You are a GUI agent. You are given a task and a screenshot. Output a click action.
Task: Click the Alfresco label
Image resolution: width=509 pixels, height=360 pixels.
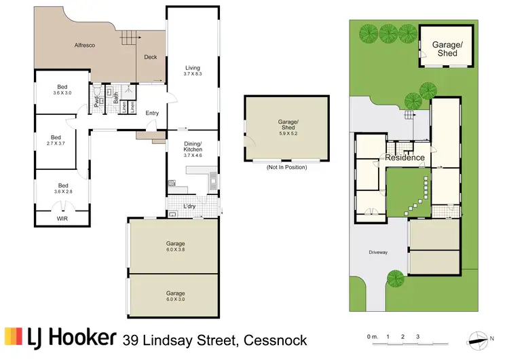[x=84, y=45]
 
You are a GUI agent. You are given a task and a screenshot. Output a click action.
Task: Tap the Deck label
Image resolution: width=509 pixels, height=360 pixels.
[x=151, y=57]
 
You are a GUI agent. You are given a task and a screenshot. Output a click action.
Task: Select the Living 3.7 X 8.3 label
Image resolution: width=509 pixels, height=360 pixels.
[x=193, y=70]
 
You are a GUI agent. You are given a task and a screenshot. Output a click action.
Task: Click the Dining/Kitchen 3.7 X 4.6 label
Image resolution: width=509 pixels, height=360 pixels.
[x=193, y=149]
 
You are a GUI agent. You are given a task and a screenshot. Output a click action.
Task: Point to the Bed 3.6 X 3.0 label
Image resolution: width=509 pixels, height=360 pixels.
[x=62, y=90]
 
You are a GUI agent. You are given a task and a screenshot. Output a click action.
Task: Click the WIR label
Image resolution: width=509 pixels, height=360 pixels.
[x=62, y=219]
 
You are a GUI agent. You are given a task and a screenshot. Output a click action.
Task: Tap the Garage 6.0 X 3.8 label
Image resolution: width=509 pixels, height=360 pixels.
[x=175, y=246]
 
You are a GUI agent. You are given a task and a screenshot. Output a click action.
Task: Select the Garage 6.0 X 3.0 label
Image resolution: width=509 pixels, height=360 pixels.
[x=175, y=295]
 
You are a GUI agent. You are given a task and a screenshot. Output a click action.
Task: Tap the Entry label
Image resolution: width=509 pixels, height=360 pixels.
[x=152, y=113]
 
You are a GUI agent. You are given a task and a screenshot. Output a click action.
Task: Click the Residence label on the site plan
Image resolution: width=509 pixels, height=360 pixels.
[x=405, y=158]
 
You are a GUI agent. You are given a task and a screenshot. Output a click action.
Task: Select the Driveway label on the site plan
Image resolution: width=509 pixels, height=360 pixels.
[x=378, y=253]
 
